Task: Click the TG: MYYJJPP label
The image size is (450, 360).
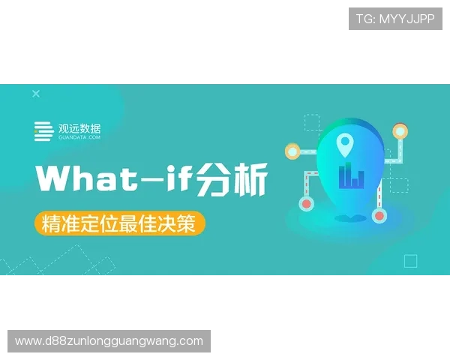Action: tap(395, 19)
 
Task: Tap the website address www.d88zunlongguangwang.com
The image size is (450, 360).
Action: tap(109, 341)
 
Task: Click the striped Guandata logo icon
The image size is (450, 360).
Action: tap(43, 131)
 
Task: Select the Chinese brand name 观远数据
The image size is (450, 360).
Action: tap(79, 127)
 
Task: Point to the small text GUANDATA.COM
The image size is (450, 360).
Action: tap(79, 138)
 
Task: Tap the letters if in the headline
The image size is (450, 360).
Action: tap(178, 178)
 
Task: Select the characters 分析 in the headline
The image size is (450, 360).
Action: tap(231, 178)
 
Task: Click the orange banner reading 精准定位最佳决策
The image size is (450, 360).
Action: tap(118, 223)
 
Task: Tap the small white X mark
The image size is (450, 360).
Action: tap(36, 94)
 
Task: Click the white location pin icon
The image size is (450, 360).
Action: tap(344, 141)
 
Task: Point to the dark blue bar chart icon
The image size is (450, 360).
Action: tap(351, 176)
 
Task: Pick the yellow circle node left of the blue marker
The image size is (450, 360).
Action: tap(292, 151)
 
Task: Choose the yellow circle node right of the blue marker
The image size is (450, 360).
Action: tap(400, 132)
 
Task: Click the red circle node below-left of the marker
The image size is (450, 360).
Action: tap(305, 202)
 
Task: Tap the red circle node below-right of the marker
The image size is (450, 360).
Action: tap(379, 216)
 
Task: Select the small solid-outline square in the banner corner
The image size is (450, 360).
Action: tap(410, 261)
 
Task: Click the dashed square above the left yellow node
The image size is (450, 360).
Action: tap(312, 122)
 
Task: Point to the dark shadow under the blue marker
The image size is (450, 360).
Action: tap(346, 218)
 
